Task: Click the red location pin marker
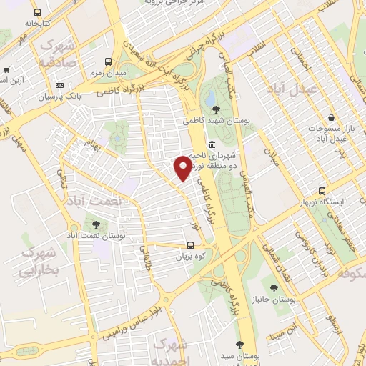[183, 167]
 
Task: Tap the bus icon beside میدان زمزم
[108, 62]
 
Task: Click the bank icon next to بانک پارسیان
[59, 84]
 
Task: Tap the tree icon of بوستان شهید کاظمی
[217, 109]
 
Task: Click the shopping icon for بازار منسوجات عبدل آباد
[330, 118]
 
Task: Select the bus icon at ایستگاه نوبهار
[322, 192]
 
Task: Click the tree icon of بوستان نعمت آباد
[96, 224]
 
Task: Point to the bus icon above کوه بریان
[189, 244]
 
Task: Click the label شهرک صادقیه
[57, 54]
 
